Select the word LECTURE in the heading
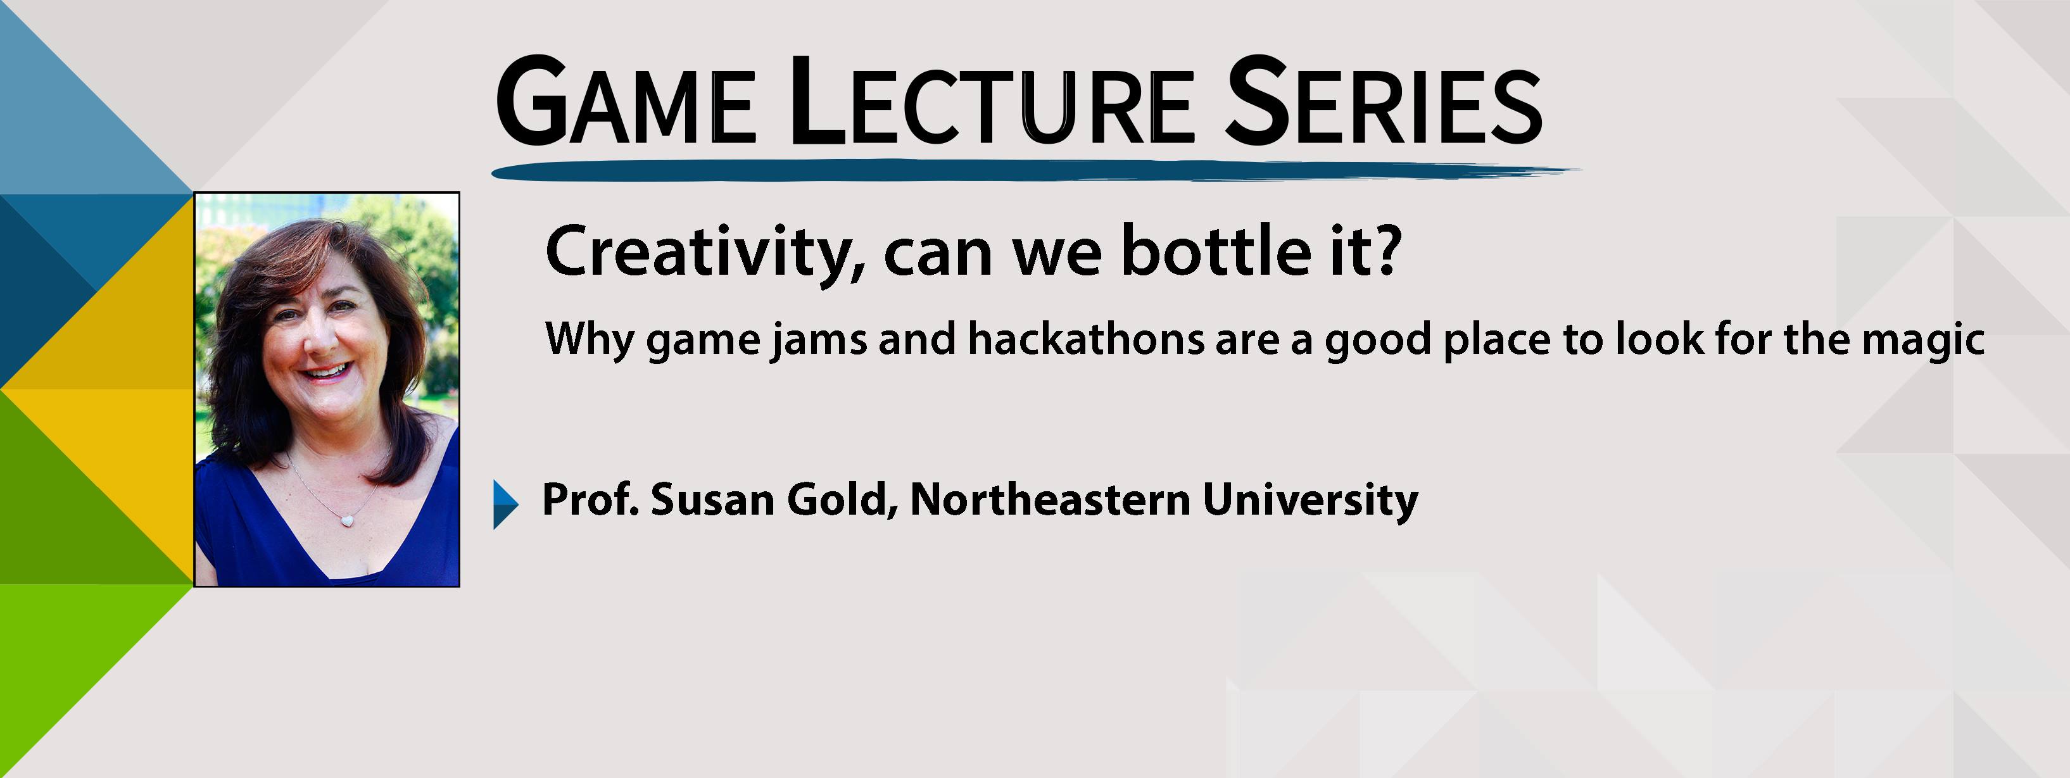coord(992,102)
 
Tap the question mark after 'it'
coord(1384,251)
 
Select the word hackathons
coord(1085,339)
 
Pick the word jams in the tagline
coord(819,341)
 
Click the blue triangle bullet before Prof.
coord(505,504)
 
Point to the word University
coord(1311,501)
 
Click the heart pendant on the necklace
coord(347,521)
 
